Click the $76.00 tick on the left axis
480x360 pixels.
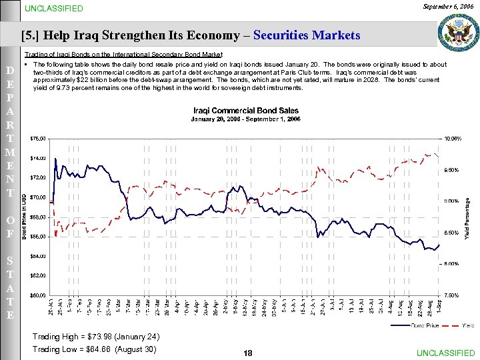[x=38, y=139]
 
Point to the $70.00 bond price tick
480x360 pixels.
[x=38, y=197]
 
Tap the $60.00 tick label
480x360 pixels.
[x=38, y=295]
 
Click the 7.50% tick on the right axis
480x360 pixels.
[x=452, y=295]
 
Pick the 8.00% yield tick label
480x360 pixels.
[x=452, y=263]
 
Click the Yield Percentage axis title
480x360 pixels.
[x=467, y=217]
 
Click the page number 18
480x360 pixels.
[x=248, y=353]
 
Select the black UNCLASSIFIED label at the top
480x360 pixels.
[x=54, y=9]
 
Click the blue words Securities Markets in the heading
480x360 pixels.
[x=308, y=35]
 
